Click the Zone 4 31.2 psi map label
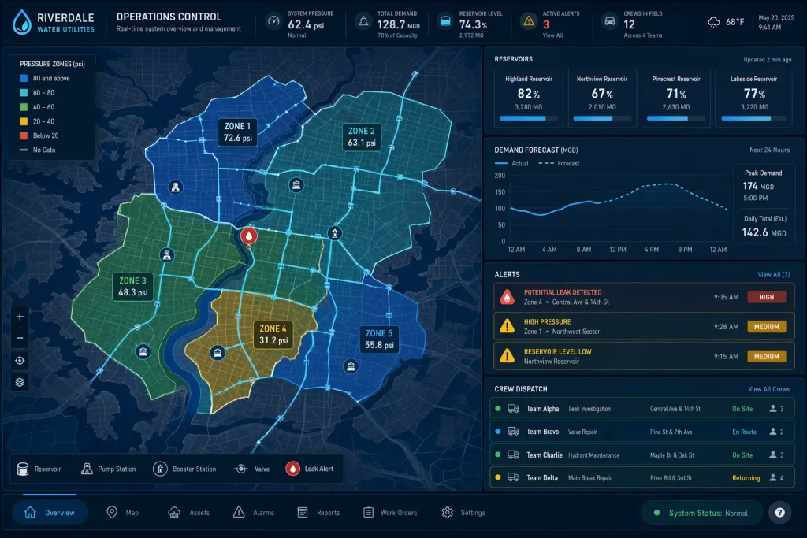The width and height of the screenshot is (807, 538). (x=273, y=334)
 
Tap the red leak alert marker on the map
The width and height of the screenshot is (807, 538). (x=249, y=236)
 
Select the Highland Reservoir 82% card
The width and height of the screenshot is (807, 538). (x=529, y=98)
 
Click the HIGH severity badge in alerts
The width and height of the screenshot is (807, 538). (x=766, y=297)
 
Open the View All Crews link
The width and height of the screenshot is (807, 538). (x=769, y=389)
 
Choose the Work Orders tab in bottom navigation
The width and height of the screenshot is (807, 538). (x=391, y=513)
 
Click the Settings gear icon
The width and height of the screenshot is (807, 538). (x=448, y=513)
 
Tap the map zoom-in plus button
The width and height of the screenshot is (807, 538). (x=20, y=317)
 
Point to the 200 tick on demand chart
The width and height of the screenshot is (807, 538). (x=500, y=176)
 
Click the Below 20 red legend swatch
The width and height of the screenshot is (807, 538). (x=24, y=135)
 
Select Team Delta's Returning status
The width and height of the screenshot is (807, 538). (x=746, y=478)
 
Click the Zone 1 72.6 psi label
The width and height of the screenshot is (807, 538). (x=238, y=132)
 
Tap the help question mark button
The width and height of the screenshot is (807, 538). (x=779, y=512)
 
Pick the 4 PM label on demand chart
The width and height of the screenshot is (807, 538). (x=651, y=250)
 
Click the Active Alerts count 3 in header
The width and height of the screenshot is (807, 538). (x=546, y=24)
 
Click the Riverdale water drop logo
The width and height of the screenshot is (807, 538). (x=21, y=21)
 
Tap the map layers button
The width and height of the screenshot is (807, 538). (x=20, y=382)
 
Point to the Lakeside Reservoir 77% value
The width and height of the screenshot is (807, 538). (x=754, y=94)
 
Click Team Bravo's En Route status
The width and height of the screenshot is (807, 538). (x=744, y=432)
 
